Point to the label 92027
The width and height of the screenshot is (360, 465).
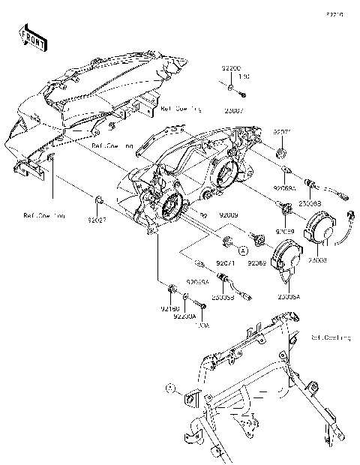click(98, 222)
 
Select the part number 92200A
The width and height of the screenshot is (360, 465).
click(184, 317)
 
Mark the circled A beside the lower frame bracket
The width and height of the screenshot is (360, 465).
click(171, 389)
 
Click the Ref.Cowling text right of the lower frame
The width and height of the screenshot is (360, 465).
click(330, 338)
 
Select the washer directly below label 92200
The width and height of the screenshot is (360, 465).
click(228, 88)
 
